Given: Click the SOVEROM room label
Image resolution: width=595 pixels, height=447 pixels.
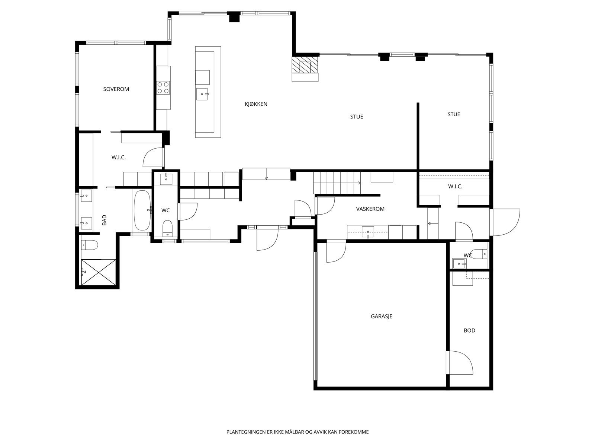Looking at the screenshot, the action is point(116,89).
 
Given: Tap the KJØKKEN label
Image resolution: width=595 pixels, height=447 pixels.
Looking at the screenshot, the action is point(256,104).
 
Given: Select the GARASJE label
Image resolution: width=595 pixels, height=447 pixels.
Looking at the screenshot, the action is point(382,316).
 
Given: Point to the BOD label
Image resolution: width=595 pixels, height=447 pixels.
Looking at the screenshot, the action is point(469,330).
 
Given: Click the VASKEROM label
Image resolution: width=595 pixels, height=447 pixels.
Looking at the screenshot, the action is point(370,209).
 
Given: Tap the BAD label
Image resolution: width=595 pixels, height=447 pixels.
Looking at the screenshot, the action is point(104,220).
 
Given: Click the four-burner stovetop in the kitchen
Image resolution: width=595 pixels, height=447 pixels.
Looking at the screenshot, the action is point(163,88).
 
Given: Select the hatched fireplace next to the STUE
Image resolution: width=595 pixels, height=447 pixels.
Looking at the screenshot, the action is point(305,65).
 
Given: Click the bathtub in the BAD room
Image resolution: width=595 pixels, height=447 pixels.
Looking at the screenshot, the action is point(142,210).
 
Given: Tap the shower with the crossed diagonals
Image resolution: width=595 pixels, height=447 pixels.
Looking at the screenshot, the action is point(99,272).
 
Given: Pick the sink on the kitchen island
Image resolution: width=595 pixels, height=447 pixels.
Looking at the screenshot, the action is point(202,94).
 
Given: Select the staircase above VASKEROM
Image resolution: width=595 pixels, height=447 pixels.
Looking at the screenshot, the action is point(337,183).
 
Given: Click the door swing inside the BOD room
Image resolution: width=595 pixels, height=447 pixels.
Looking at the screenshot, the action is point(461,363).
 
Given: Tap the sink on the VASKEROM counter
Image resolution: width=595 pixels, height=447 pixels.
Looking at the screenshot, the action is point(368,232).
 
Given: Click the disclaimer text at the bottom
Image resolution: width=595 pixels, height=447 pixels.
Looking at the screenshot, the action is point(297,432).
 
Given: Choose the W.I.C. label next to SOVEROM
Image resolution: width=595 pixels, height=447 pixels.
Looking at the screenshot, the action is point(119,158).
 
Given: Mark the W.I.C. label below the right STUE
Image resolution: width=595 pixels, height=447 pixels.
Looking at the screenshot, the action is point(455,187).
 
